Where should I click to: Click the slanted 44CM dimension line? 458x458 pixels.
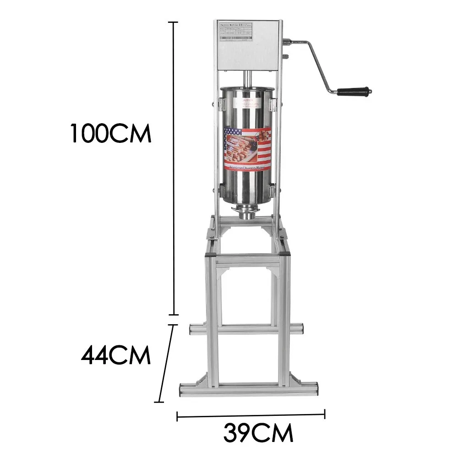166,364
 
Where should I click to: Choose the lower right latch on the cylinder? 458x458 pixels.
274,188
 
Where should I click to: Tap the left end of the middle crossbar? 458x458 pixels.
192,329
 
